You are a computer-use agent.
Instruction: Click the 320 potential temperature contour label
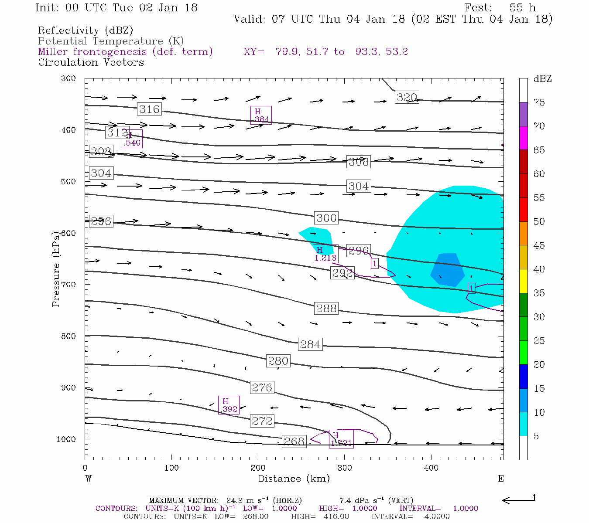(x=407, y=97)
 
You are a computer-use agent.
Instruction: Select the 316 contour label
(x=149, y=109)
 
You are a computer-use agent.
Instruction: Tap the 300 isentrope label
(x=326, y=218)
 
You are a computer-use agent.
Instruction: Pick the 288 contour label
(x=326, y=309)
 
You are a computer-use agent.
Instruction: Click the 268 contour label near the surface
(x=294, y=441)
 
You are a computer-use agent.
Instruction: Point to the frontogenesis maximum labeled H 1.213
(x=325, y=254)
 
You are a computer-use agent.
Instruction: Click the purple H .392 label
(x=228, y=405)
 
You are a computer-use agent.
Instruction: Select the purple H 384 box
(x=261, y=115)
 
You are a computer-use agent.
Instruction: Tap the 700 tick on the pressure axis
(x=68, y=285)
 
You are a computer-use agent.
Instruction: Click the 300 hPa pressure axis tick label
(x=68, y=78)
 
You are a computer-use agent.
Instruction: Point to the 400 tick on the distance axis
(x=431, y=468)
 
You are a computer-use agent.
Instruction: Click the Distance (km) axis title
(x=294, y=479)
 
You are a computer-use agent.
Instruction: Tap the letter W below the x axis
(x=88, y=479)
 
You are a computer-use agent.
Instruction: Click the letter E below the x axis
(x=500, y=479)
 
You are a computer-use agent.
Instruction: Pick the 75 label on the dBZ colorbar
(x=539, y=102)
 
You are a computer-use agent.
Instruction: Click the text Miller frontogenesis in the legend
(x=92, y=52)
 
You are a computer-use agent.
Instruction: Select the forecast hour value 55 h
(x=522, y=8)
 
